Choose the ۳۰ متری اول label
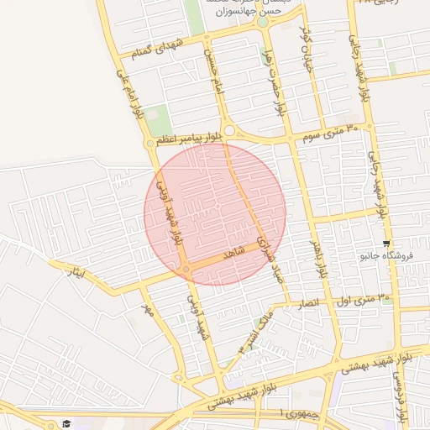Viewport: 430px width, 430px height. coord(364,299)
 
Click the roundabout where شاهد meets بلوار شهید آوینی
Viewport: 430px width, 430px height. coord(185,269)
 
